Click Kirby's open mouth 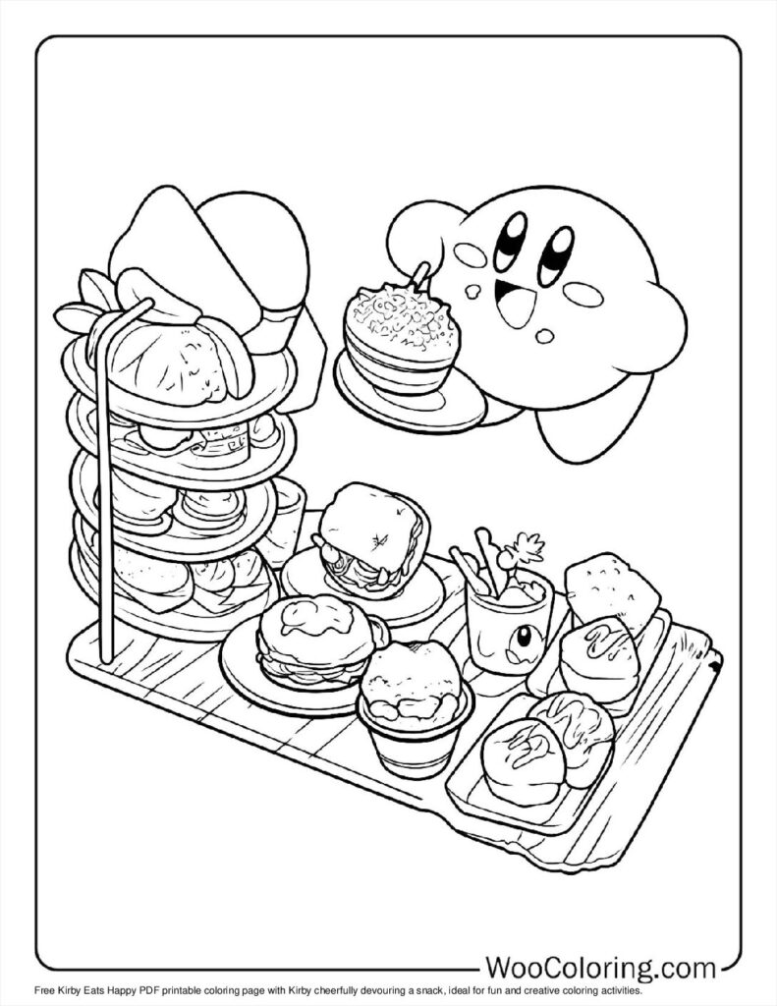514,301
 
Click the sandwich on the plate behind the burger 371,536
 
